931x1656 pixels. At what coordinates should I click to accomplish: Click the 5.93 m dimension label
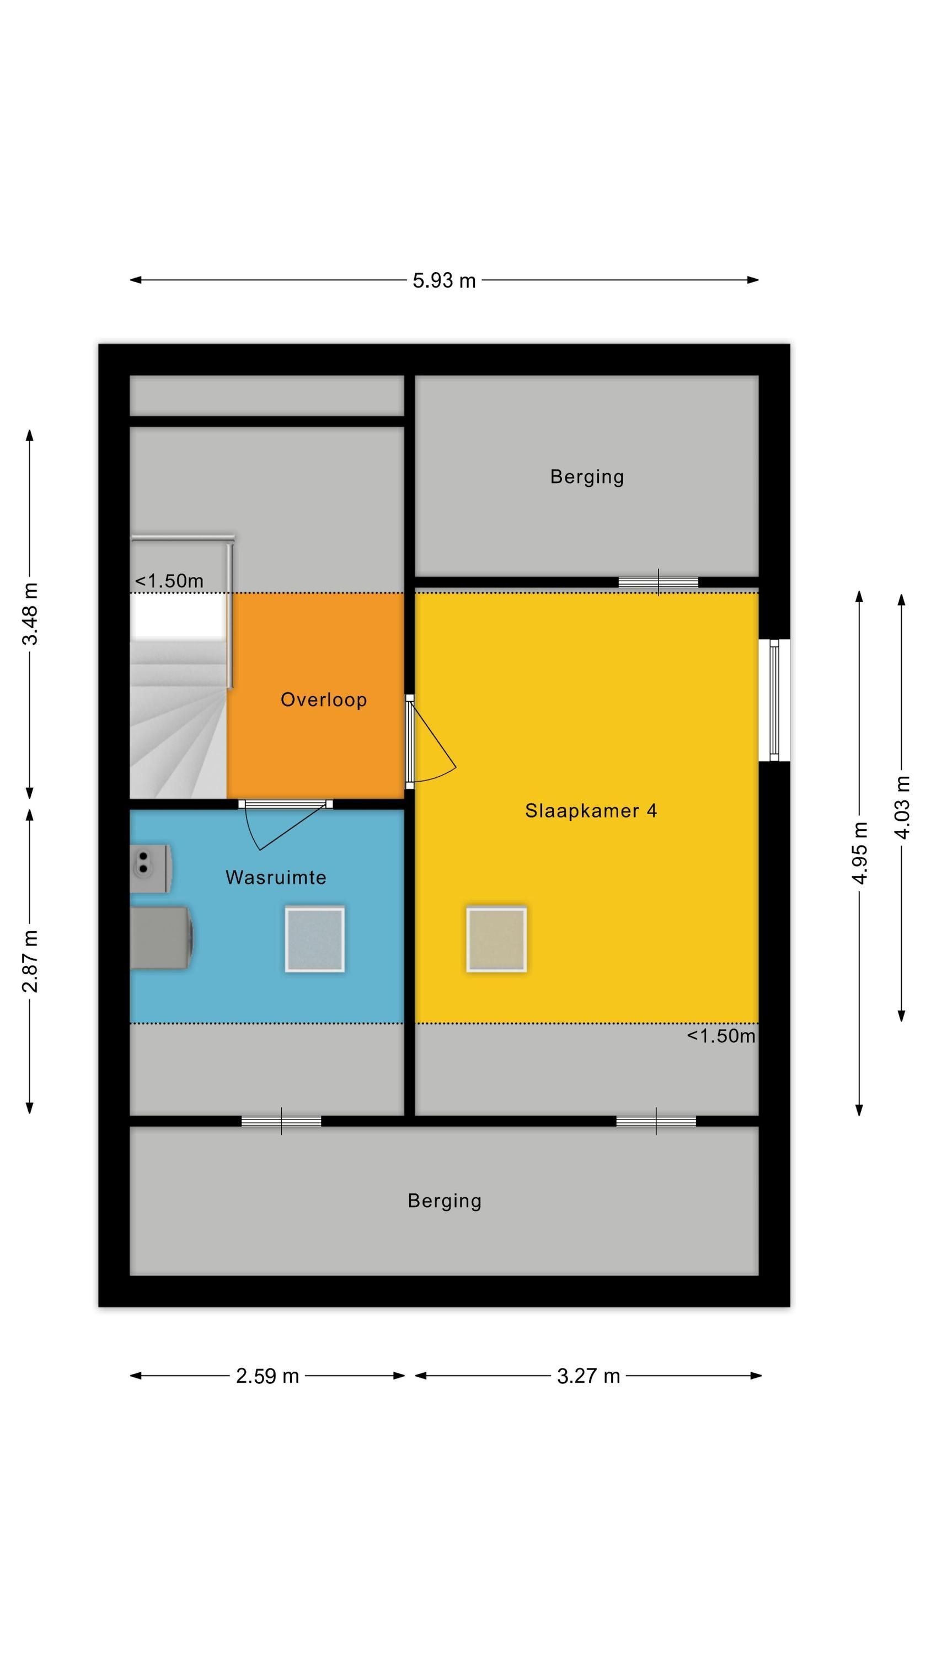tap(444, 280)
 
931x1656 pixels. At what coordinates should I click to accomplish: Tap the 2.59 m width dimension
tap(267, 1376)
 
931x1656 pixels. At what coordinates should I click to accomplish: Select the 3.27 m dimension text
tap(588, 1376)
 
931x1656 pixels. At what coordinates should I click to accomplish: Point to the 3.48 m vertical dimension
tap(30, 613)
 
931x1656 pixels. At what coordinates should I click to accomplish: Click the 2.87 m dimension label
tap(30, 960)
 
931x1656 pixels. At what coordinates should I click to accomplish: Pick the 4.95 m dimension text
tap(860, 852)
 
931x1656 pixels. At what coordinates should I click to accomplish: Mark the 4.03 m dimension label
tap(902, 808)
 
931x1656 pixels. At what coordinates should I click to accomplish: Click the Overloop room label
tap(324, 699)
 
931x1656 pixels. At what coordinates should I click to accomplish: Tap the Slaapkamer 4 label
tap(591, 811)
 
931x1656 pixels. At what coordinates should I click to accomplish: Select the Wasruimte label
tap(276, 878)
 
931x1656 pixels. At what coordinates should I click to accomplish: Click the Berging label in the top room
tap(587, 477)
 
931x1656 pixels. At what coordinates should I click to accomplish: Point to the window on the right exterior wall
tap(774, 700)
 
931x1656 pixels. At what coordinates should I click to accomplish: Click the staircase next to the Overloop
tap(179, 719)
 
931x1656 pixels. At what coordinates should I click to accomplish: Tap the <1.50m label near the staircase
tap(169, 581)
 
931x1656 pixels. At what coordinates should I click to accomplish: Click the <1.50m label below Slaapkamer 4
tap(721, 1036)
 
